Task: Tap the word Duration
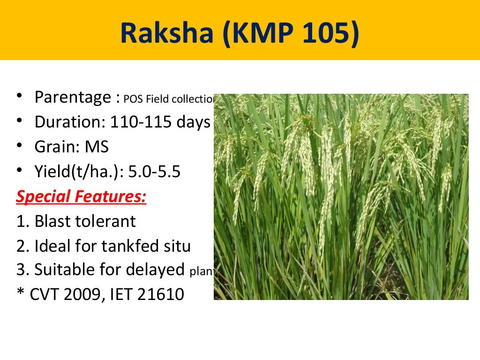70,122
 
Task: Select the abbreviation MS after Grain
97,147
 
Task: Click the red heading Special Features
81,196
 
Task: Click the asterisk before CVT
20,294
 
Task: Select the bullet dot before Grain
19,146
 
